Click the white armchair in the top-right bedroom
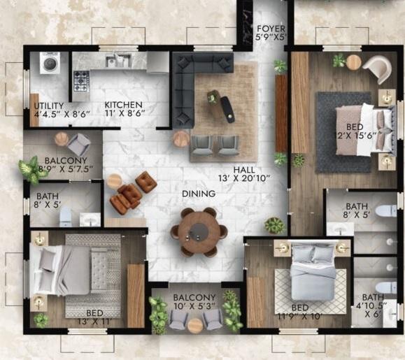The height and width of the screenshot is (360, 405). pos(378,69)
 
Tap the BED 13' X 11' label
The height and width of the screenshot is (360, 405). pos(94,319)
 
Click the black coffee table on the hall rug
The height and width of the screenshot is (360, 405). pos(227,108)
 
